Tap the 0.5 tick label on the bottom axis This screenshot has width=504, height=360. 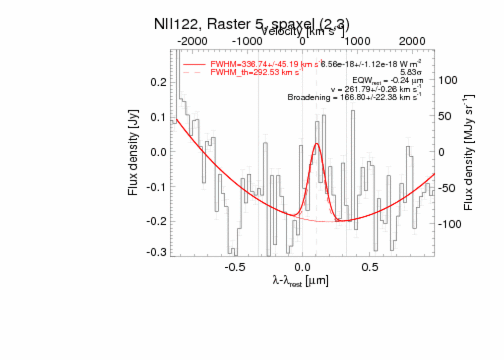coord(370,266)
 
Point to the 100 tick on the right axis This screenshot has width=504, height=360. coord(447,80)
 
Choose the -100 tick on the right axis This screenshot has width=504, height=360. coord(448,224)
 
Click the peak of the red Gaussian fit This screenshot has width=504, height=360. coord(317,144)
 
